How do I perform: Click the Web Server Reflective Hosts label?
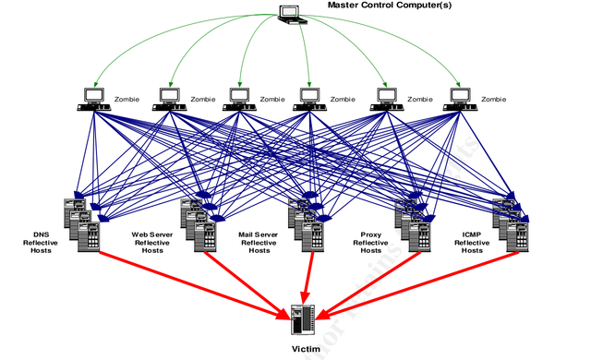click(153, 243)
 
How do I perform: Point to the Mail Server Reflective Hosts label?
click(259, 243)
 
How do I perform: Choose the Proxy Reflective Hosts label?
click(369, 243)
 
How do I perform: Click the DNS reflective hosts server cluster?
click(82, 222)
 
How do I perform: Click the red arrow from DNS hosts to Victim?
click(185, 282)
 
